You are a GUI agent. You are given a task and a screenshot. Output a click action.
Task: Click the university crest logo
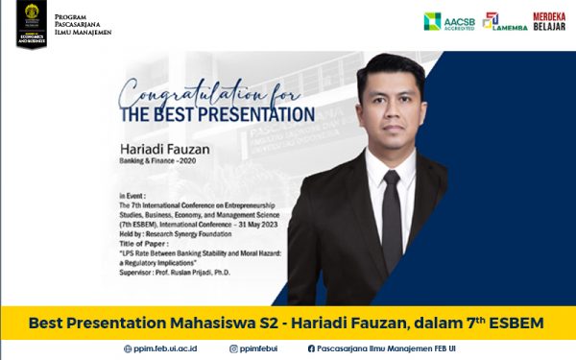point(32,23)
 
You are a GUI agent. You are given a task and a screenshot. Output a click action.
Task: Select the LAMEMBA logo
point(504,21)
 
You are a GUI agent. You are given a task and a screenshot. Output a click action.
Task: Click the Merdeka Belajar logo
point(548,21)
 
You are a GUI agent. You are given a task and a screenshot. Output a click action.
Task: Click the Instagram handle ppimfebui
point(262,348)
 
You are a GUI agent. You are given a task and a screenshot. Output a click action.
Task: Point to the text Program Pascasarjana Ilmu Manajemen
point(82,25)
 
